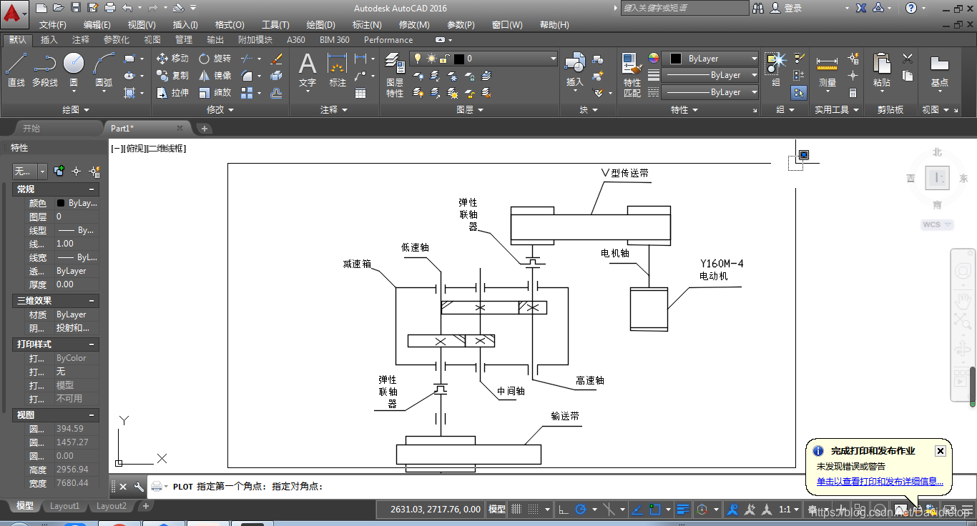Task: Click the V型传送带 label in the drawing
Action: point(625,173)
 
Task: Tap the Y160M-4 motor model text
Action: point(722,264)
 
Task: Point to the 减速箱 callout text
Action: point(357,264)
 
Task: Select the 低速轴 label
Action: point(415,247)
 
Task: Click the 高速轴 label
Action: point(590,380)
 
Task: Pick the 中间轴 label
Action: point(511,391)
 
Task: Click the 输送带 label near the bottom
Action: point(565,416)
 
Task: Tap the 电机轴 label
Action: point(615,252)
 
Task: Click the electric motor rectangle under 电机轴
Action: point(649,309)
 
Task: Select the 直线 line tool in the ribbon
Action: point(16,71)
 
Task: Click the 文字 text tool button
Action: point(308,71)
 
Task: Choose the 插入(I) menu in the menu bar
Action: point(185,25)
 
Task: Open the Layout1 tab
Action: point(64,506)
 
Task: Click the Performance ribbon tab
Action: point(388,40)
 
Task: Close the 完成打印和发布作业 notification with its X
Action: point(941,451)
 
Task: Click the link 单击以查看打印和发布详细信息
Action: point(880,482)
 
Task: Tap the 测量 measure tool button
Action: point(827,71)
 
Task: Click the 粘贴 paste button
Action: point(882,71)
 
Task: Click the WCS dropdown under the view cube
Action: point(937,224)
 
